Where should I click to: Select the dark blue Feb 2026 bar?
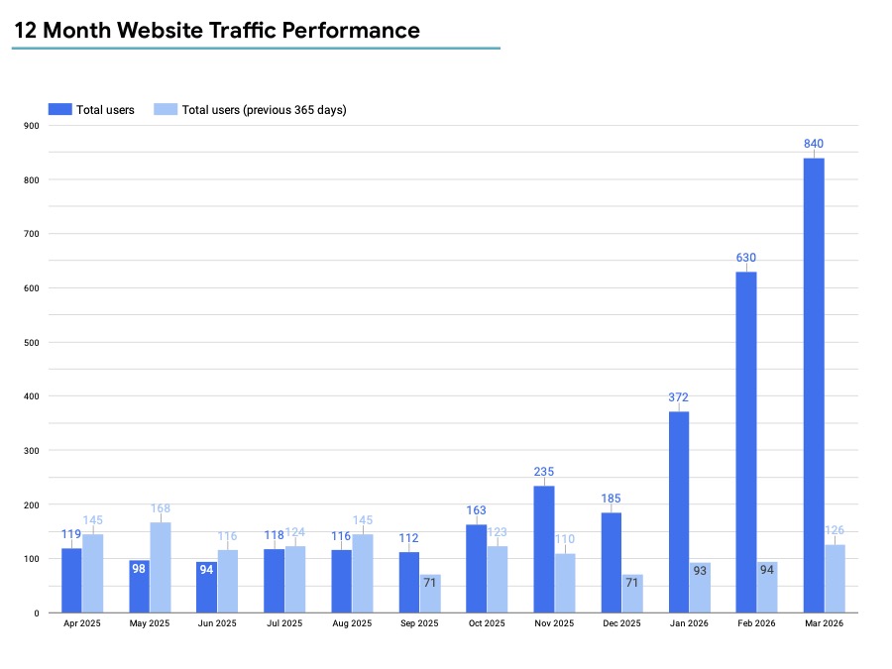tap(746, 442)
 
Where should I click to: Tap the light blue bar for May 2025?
tap(161, 567)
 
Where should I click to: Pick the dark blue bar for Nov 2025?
tap(544, 549)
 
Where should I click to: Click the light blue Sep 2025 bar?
tap(430, 593)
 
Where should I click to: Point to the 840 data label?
tap(814, 144)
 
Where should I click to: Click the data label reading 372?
tap(678, 397)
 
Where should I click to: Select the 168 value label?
tap(161, 508)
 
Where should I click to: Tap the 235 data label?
tap(544, 472)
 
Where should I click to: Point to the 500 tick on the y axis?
tap(32, 342)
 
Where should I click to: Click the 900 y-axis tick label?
tap(32, 126)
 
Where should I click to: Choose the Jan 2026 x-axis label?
tap(689, 623)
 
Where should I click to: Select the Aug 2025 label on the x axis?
tap(352, 623)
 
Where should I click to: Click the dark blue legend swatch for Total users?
tap(60, 109)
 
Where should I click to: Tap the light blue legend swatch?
tap(166, 109)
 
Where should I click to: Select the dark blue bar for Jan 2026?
tap(679, 512)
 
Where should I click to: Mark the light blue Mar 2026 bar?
tap(835, 579)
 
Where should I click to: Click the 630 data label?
tap(746, 258)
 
